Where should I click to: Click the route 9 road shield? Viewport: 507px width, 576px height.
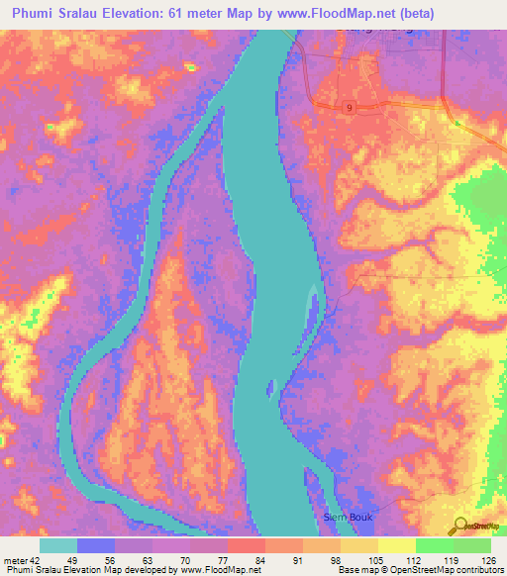click(350, 105)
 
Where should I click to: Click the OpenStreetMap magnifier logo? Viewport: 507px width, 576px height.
click(459, 525)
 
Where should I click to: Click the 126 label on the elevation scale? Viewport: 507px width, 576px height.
click(487, 560)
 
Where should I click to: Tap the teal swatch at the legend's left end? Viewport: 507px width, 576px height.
click(58, 545)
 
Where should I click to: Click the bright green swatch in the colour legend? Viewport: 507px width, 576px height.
click(434, 545)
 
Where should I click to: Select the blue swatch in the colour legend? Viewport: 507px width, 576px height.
click(96, 545)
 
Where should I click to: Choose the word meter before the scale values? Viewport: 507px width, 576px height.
click(14, 560)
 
